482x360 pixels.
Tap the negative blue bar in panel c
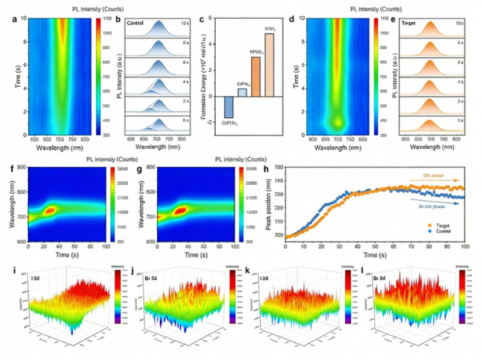coord(228,107)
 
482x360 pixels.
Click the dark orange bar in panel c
coord(255,76)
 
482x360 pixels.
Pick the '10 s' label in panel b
coord(181,23)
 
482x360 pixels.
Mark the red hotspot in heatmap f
coord(50,210)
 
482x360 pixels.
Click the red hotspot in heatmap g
coord(178,211)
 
